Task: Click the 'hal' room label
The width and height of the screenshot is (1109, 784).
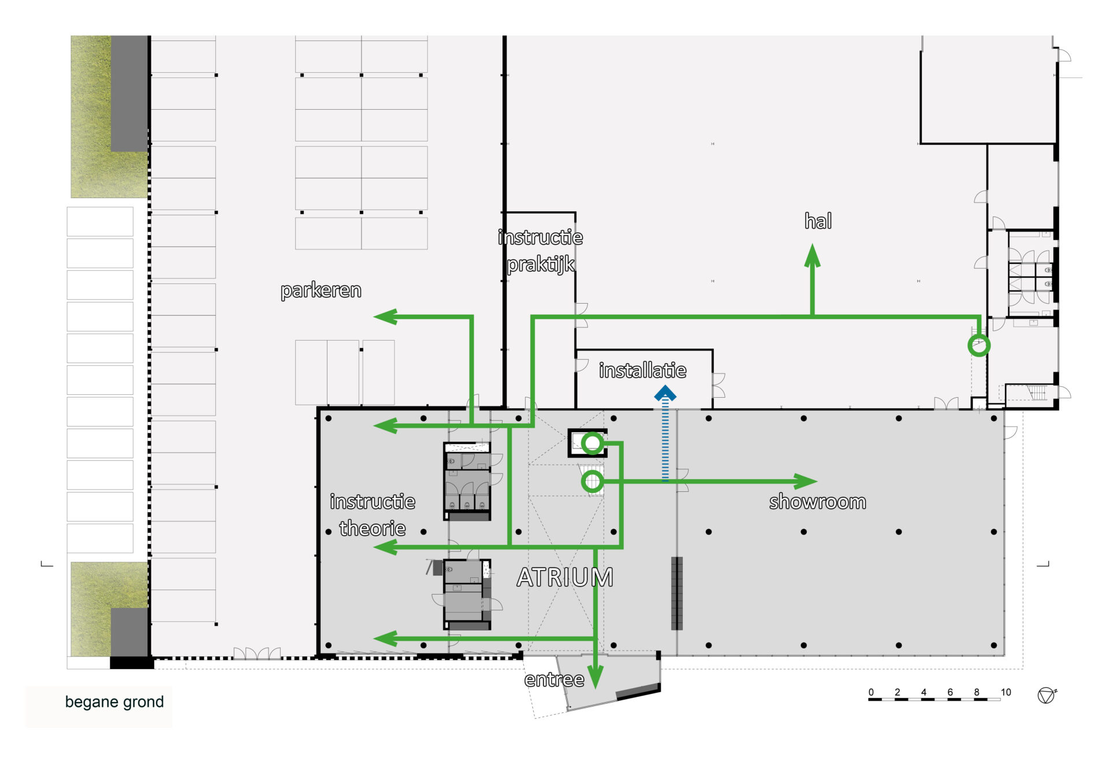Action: pyautogui.click(x=818, y=221)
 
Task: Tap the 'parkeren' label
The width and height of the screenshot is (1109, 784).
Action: pyautogui.click(x=321, y=290)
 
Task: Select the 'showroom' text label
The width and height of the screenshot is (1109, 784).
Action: pyautogui.click(x=817, y=502)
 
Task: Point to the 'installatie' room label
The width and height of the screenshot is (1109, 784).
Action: pyautogui.click(x=643, y=370)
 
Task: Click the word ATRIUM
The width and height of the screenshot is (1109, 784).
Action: pyautogui.click(x=565, y=577)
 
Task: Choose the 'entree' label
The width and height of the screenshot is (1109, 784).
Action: pyautogui.click(x=554, y=680)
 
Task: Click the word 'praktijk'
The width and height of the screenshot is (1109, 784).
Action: pyautogui.click(x=541, y=264)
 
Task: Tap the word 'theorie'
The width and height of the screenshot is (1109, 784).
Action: pyautogui.click(x=373, y=528)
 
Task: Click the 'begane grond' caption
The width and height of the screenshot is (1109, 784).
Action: pyautogui.click(x=114, y=702)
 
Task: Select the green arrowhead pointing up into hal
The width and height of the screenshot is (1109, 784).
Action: pyautogui.click(x=813, y=255)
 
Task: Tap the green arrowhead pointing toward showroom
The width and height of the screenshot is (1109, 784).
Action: pyautogui.click(x=806, y=481)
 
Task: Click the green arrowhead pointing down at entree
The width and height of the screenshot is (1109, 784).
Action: pyautogui.click(x=596, y=677)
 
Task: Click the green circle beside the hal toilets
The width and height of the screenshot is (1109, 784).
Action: pyautogui.click(x=979, y=346)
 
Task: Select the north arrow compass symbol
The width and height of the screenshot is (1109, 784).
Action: pyautogui.click(x=1047, y=695)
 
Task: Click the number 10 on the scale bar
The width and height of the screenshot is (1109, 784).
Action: pyautogui.click(x=1006, y=692)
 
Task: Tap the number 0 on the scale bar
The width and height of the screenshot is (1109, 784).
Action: pyautogui.click(x=871, y=692)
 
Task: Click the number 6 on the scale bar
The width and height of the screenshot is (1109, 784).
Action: pyautogui.click(x=950, y=692)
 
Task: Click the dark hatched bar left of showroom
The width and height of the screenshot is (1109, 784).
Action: pyautogui.click(x=677, y=593)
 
